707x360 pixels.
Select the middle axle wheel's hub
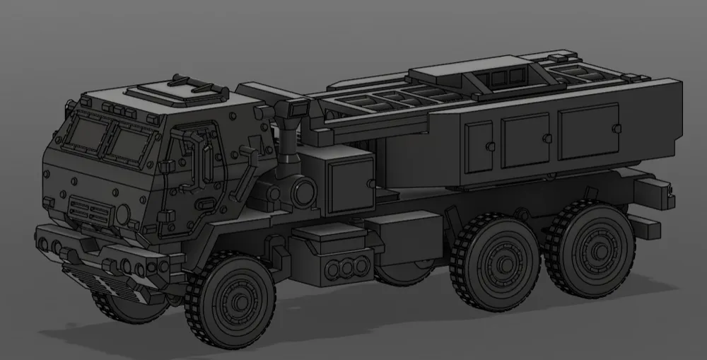[x=503, y=264]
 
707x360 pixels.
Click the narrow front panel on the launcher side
[x=479, y=146]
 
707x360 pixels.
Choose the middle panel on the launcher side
[x=525, y=140]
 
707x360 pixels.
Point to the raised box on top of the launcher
[x=470, y=74]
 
